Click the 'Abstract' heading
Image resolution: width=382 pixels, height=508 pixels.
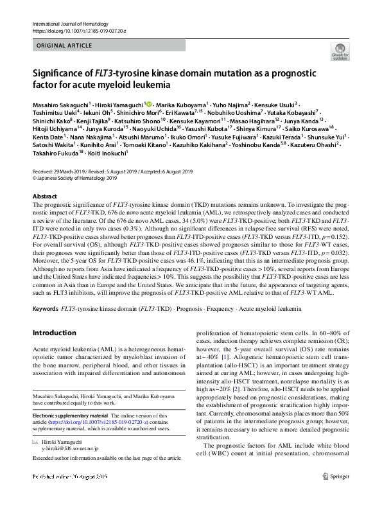[44, 196]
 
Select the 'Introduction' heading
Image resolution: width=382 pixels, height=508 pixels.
[54, 333]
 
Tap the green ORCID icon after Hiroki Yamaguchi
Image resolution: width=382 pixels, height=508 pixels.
[149, 103]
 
